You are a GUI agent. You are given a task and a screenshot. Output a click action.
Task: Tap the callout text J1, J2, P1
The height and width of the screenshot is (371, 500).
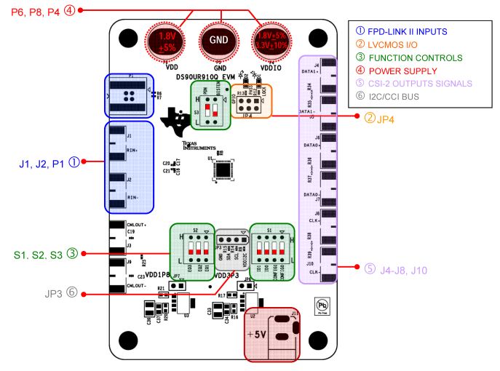pos(41,162)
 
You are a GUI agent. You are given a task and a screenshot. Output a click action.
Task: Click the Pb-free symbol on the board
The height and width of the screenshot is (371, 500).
pos(324,303)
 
